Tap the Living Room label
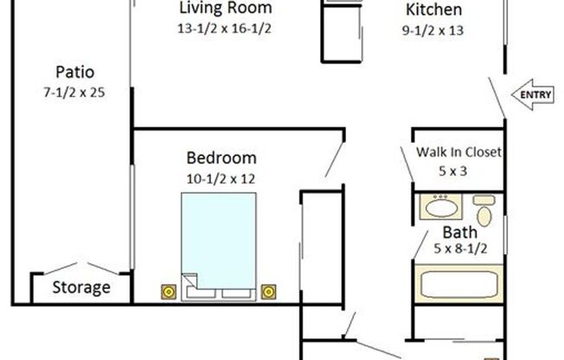click(226, 9)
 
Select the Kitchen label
click(433, 10)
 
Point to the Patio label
click(74, 72)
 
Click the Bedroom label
click(221, 158)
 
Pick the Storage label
click(82, 287)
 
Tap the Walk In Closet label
click(459, 152)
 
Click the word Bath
click(459, 232)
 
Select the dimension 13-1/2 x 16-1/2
click(225, 28)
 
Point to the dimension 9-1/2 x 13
click(433, 31)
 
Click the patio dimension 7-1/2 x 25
click(74, 91)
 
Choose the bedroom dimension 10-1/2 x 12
click(221, 178)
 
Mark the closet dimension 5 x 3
click(452, 170)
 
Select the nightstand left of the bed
click(167, 291)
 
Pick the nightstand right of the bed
click(270, 291)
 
